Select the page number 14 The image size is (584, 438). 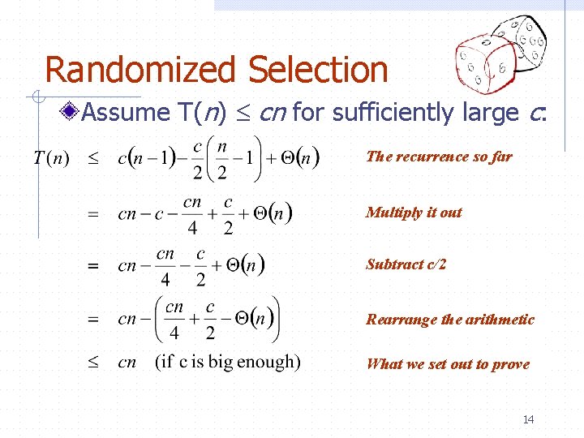coord(528,419)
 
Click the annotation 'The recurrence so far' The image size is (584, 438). coord(439,157)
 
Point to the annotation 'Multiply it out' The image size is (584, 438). coord(414,213)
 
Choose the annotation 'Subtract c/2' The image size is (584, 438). coord(406,264)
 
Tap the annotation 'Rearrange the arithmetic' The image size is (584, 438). coord(450,320)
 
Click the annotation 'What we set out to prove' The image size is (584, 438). coord(448,364)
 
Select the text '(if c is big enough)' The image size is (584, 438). coord(228,362)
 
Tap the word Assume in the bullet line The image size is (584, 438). coord(126,112)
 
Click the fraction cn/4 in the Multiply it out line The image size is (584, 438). coord(193,214)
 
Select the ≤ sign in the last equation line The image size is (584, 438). coord(92,363)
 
